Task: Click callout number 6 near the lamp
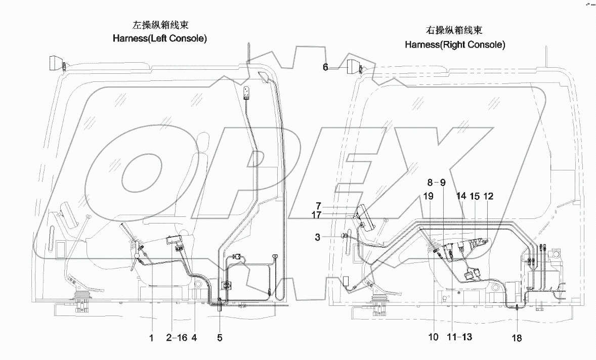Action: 326,67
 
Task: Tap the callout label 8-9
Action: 436,182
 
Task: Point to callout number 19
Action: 428,196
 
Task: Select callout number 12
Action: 488,196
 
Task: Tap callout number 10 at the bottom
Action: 433,337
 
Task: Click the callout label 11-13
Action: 459,337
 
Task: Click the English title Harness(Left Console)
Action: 160,38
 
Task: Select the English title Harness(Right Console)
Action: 455,44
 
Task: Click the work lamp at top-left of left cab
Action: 56,64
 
